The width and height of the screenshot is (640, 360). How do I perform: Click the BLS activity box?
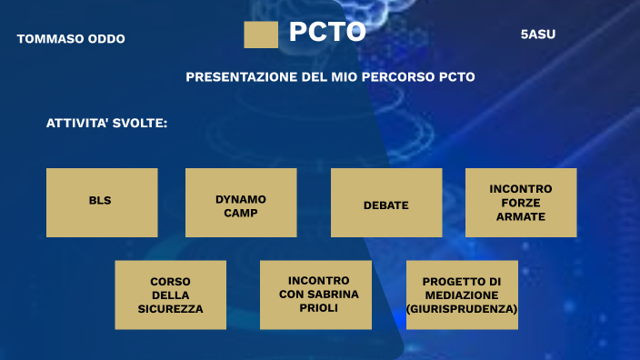click(101, 202)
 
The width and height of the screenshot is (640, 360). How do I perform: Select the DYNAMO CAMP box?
click(240, 202)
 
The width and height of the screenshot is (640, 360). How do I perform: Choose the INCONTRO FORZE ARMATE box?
click(520, 202)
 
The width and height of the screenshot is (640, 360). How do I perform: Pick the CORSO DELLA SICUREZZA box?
click(170, 295)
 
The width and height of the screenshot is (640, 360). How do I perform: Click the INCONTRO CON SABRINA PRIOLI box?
click(315, 295)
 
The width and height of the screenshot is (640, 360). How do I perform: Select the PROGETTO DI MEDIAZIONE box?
click(462, 295)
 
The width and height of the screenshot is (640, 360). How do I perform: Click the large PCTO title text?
click(327, 33)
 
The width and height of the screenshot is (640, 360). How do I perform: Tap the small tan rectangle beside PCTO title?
click(261, 35)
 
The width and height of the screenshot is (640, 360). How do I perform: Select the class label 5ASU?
click(537, 35)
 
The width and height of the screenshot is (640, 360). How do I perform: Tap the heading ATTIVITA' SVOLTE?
click(106, 123)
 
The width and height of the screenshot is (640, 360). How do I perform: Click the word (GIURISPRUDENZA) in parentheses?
click(462, 309)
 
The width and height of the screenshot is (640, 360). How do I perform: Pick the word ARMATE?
click(520, 217)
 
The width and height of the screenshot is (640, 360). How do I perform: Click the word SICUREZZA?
click(170, 309)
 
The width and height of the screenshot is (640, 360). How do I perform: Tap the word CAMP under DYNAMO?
click(240, 213)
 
